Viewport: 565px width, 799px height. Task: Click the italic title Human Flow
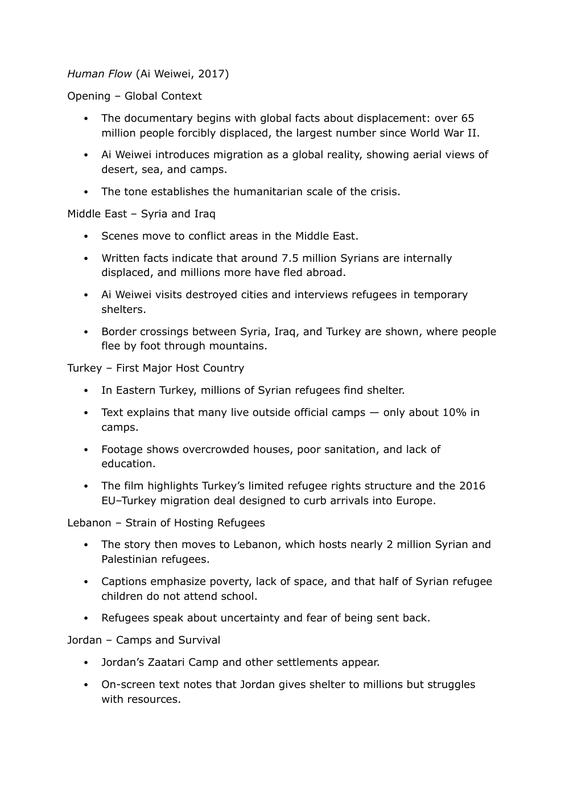(100, 74)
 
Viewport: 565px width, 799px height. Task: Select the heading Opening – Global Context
(134, 96)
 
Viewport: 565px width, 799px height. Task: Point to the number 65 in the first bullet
(467, 118)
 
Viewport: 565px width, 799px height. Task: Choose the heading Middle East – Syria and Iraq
(141, 214)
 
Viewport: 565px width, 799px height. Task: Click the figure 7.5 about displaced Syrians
(290, 258)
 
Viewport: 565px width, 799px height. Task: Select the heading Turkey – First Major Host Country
(155, 368)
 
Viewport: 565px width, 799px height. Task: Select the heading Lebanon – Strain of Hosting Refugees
(166, 523)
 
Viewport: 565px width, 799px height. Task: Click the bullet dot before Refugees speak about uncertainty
(86, 619)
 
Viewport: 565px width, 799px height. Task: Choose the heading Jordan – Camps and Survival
(143, 640)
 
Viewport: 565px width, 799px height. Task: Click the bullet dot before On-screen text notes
(86, 685)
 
